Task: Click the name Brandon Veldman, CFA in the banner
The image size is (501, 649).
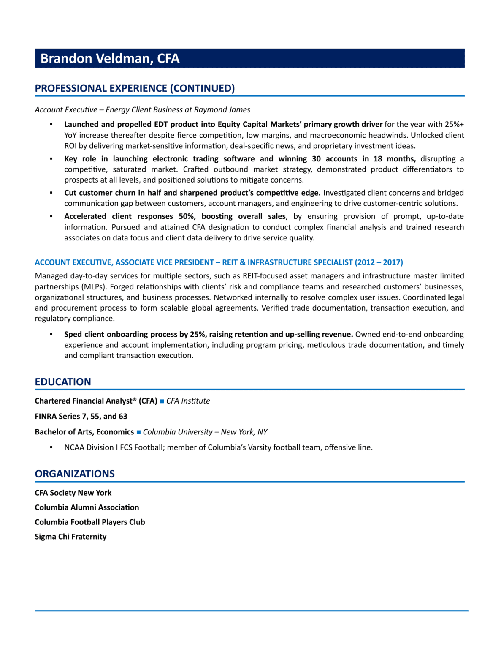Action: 110,58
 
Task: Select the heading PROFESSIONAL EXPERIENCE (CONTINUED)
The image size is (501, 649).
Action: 135,88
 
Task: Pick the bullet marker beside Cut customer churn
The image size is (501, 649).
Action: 51,193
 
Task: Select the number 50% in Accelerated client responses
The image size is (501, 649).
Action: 187,216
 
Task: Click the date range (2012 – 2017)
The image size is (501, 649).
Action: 379,262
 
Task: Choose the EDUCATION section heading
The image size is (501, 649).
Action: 63,382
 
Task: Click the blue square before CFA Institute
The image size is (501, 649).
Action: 162,401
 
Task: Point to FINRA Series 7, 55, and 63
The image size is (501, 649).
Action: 81,417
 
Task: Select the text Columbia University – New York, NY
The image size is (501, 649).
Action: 205,432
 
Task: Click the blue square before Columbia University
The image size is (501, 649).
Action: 138,432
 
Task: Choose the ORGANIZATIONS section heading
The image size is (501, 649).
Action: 75,474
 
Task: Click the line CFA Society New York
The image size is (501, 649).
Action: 73,493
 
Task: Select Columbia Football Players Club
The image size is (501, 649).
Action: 90,522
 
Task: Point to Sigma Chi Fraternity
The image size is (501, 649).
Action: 70,537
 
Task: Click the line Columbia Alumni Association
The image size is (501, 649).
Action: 87,507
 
